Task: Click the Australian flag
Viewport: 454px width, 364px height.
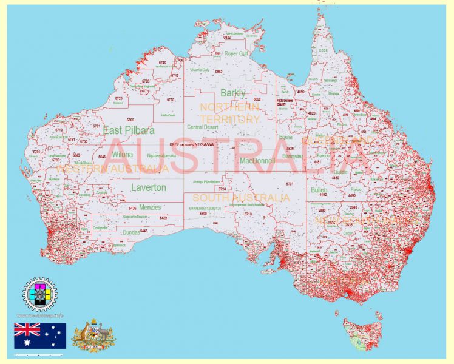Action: click(40, 335)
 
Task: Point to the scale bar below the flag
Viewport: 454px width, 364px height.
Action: click(40, 353)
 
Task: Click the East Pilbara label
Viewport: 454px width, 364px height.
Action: click(129, 130)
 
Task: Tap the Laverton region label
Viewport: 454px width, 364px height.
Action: click(148, 188)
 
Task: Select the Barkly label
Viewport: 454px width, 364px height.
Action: click(233, 93)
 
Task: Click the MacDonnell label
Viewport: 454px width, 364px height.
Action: click(257, 161)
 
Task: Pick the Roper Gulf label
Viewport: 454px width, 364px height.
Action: click(236, 53)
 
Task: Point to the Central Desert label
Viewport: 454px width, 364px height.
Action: click(203, 127)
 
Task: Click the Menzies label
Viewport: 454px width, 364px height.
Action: click(150, 207)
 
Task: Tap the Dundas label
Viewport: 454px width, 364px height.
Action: click(131, 232)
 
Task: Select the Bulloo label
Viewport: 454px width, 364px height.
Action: click(319, 190)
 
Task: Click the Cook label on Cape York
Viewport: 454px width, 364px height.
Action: click(323, 50)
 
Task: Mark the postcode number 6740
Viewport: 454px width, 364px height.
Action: click(162, 62)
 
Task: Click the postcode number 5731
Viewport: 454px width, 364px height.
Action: click(290, 183)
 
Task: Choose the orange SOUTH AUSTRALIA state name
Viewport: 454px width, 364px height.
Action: click(241, 198)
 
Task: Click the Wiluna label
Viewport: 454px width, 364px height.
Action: click(121, 155)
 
